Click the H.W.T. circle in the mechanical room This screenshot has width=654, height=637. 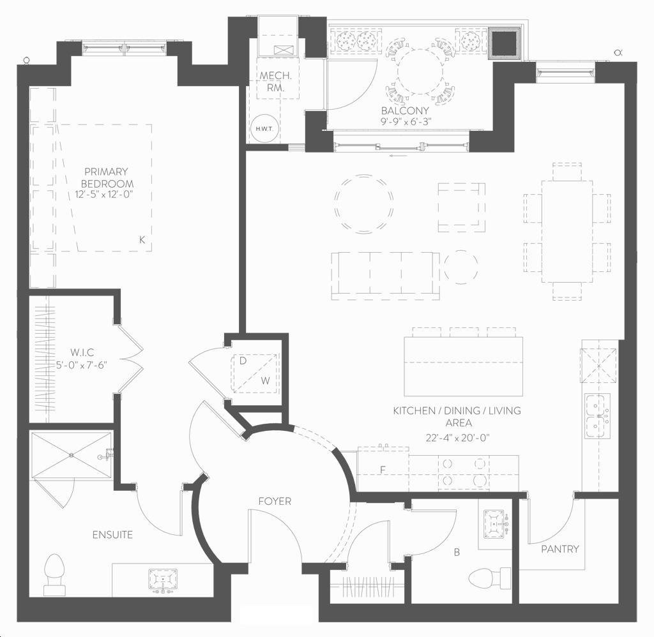pos(264,128)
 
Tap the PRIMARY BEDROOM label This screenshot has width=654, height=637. pos(107,177)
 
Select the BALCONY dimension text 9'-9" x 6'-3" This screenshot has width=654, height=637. pos(406,122)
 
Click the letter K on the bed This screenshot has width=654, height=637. pos(142,240)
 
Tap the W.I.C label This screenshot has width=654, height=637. pos(82,352)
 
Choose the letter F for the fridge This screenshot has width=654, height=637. pos(383,470)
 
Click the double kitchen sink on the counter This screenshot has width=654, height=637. pos(597,416)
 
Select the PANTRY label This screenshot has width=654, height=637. pos(559,549)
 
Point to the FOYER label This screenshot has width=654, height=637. pos(275,501)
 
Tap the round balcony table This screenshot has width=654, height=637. pos(420,71)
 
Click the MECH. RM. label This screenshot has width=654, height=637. pos(276,82)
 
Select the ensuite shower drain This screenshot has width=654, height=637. pos(72,454)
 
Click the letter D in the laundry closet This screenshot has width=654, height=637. pos(243,361)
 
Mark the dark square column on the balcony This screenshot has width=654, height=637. pos(505,44)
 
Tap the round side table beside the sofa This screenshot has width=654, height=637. pos(461,267)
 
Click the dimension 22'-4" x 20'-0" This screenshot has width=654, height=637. pos(457,438)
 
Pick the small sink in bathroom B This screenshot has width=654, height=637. pos(495,523)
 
